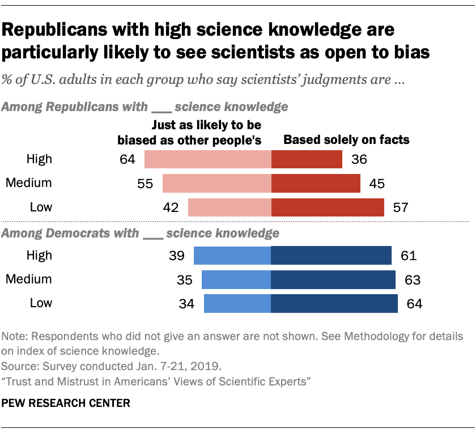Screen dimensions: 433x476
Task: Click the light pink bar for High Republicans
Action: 208,159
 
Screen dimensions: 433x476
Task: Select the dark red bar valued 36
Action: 307,159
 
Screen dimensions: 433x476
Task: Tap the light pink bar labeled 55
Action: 217,184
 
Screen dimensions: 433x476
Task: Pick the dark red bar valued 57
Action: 328,207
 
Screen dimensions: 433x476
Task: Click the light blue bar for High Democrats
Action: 232,256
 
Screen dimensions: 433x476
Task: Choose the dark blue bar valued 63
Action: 333,279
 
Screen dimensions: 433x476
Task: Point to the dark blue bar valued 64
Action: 334,303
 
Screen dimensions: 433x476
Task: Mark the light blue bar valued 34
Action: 237,303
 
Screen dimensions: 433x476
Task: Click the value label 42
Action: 171,207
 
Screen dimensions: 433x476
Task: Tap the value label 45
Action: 378,184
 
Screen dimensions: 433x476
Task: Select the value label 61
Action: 408,256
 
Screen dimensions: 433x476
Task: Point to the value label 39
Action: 176,256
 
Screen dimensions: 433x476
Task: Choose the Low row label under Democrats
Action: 40,303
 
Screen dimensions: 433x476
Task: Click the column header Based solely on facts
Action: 346,139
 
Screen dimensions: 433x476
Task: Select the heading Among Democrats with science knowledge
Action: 141,233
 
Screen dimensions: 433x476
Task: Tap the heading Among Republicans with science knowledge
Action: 146,106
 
